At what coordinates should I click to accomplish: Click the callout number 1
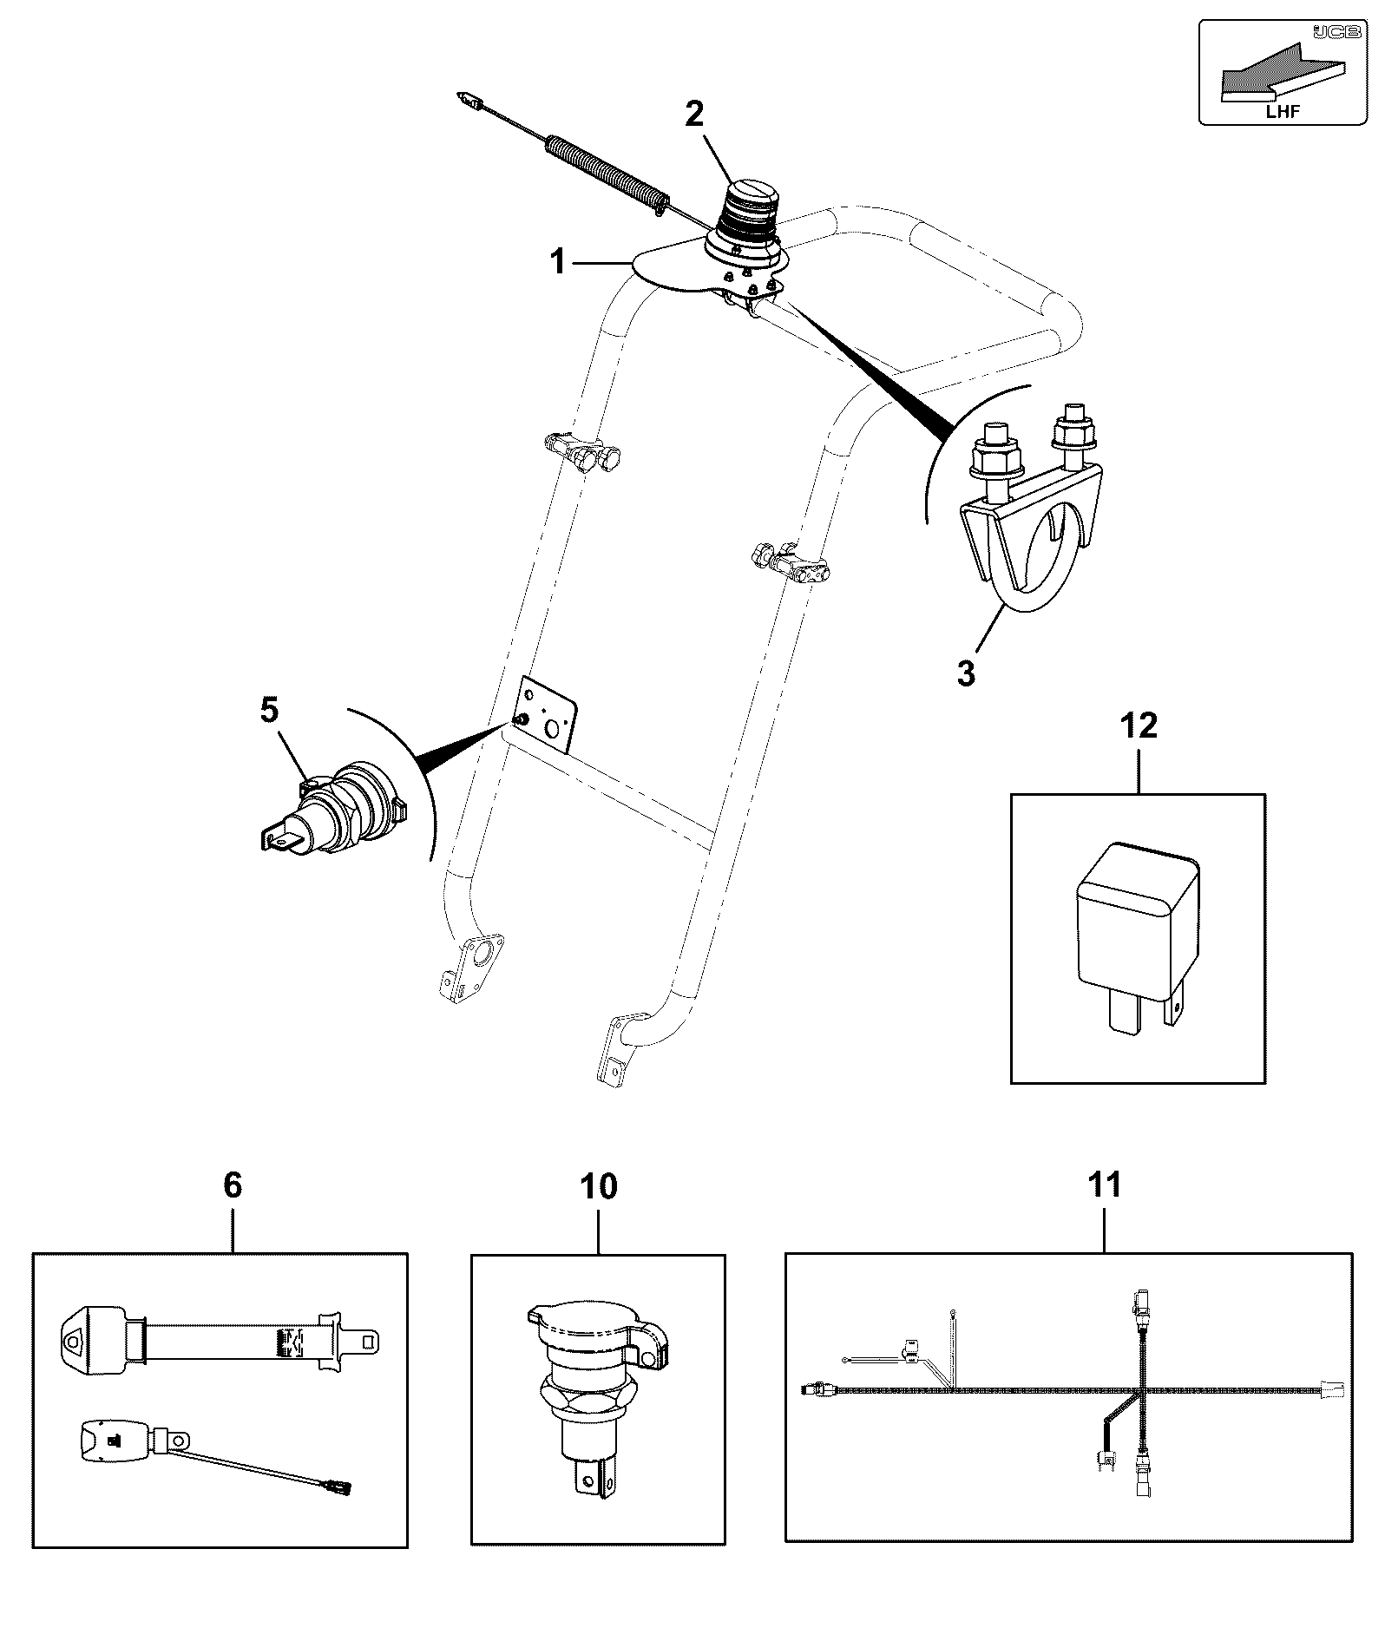(559, 260)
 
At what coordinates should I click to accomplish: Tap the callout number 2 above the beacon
(694, 114)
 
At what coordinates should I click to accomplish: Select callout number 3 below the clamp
(966, 673)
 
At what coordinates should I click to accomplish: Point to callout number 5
(270, 709)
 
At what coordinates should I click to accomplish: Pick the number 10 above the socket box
(599, 1185)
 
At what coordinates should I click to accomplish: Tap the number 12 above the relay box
(1139, 725)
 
